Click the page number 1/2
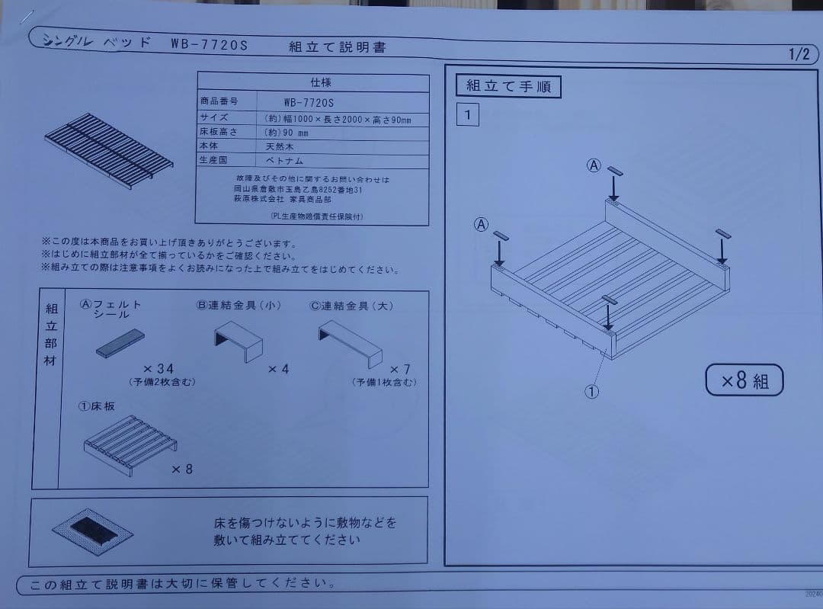pos(799,55)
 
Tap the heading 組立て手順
pos(508,86)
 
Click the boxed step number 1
pos(467,116)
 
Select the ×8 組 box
pos(744,380)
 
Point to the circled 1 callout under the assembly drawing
pos(591,392)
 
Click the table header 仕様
pos(321,82)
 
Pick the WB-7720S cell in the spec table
pos(309,101)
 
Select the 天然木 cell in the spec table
pos(280,146)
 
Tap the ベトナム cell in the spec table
pos(284,161)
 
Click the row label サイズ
pos(214,117)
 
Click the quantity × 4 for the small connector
pos(278,370)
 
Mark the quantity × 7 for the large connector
pos(400,369)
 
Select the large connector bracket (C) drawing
pos(351,340)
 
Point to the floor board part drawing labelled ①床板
pos(129,444)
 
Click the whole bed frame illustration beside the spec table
pos(108,149)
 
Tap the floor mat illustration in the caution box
pos(92,531)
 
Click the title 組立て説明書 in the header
pos(337,47)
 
